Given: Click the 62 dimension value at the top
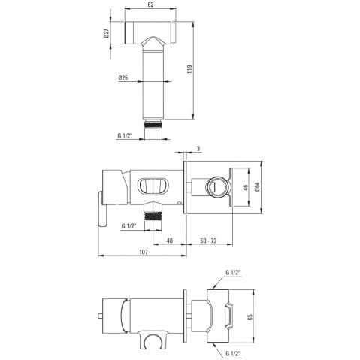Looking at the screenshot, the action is (x=150, y=5).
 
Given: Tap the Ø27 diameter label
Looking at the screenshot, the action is (x=107, y=33).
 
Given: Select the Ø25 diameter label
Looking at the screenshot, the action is (x=123, y=78).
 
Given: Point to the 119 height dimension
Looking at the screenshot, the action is (x=189, y=69).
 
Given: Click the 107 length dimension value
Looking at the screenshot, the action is (x=144, y=252).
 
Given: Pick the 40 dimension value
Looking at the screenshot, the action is (x=170, y=241).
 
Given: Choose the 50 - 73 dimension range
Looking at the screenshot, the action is (x=208, y=241).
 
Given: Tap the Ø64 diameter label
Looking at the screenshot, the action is (x=257, y=187).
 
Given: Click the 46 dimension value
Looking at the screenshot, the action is (x=246, y=187).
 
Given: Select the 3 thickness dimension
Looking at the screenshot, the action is (x=198, y=149).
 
